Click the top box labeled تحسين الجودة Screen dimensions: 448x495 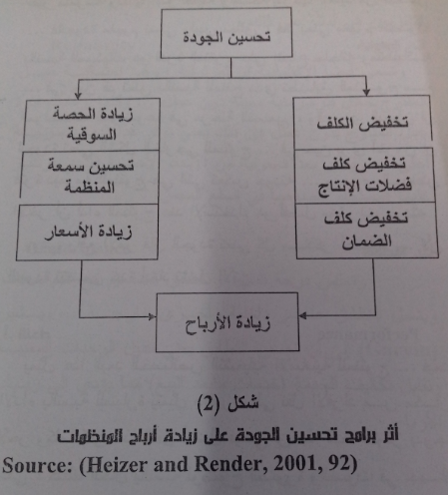[x=226, y=33]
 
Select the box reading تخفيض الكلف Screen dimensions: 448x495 [x=362, y=122]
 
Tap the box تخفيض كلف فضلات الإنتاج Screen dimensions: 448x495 [x=364, y=176]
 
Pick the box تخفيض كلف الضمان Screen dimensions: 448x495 [x=366, y=231]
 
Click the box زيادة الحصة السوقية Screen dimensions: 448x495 [x=92, y=125]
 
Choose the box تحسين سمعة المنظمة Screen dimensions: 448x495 [x=89, y=177]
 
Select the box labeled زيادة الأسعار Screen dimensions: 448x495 [x=87, y=233]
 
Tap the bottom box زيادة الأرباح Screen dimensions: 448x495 [x=227, y=322]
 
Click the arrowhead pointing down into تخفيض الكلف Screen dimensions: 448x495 [x=366, y=92]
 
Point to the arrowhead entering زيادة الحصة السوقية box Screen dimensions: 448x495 [x=78, y=95]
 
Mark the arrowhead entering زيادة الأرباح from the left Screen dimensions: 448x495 [x=152, y=316]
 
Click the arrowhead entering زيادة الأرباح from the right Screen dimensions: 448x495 [x=302, y=315]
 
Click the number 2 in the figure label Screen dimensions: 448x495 [x=208, y=405]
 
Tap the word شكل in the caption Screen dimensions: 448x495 [x=242, y=403]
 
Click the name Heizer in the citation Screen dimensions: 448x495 [x=117, y=464]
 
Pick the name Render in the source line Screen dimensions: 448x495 [x=230, y=464]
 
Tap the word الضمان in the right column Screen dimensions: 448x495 [x=367, y=242]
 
